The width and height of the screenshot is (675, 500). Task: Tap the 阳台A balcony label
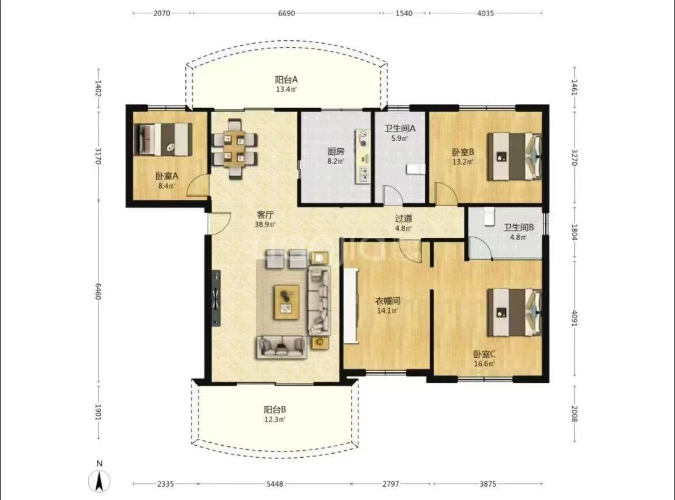point(286,80)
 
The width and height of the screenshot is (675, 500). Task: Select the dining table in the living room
point(235,148)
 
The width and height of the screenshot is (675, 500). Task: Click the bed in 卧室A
point(162,140)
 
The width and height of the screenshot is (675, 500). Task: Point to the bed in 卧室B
point(514,156)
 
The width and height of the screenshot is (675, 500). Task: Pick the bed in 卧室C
point(514,312)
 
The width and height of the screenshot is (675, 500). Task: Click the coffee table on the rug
point(287,302)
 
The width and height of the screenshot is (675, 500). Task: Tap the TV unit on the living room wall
point(216,298)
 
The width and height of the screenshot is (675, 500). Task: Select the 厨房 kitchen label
point(336,152)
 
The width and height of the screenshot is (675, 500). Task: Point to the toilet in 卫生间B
point(488,216)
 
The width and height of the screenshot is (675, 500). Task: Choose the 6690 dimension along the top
point(286,13)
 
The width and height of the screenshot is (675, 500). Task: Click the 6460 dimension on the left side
point(99,292)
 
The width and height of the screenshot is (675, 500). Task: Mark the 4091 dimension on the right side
point(574,318)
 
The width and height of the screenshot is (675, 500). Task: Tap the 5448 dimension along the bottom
point(275,484)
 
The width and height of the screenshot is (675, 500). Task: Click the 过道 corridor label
point(403,218)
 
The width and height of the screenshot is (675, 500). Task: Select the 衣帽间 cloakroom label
point(388,301)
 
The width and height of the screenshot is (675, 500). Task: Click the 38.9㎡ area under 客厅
point(265,225)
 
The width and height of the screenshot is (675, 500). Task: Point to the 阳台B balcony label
point(275,409)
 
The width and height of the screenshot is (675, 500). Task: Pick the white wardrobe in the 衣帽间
point(350,306)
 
